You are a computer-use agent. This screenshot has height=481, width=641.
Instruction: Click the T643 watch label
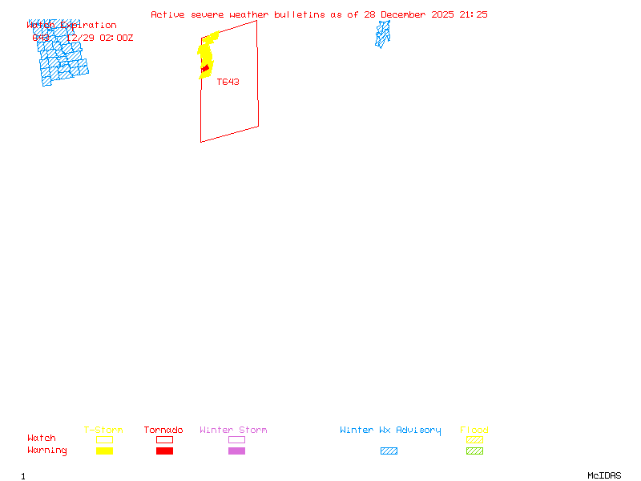click(x=228, y=82)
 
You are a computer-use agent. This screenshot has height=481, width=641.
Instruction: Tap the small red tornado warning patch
click(x=205, y=69)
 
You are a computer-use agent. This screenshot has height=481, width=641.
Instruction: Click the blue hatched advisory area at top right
click(x=383, y=34)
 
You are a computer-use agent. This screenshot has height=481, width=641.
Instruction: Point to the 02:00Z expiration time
click(x=116, y=38)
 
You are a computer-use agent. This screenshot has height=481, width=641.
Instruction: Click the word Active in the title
click(x=167, y=14)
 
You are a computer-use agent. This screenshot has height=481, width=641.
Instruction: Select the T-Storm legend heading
click(x=103, y=430)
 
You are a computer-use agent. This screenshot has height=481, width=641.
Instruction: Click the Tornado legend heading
click(x=163, y=430)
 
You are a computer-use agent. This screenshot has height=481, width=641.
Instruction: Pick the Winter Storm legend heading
click(x=233, y=430)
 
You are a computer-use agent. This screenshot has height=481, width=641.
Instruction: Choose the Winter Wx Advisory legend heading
click(x=390, y=430)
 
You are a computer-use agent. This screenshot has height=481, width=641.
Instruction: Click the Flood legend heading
click(x=474, y=430)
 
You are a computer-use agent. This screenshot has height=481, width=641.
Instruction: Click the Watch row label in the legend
click(x=42, y=439)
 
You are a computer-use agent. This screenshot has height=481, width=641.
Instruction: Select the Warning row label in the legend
click(x=47, y=451)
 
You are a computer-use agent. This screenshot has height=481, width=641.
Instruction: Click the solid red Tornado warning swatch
click(x=164, y=451)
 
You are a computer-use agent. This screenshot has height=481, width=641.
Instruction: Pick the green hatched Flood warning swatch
click(x=474, y=451)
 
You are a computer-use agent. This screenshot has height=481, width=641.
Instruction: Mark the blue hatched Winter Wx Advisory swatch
click(x=389, y=451)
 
